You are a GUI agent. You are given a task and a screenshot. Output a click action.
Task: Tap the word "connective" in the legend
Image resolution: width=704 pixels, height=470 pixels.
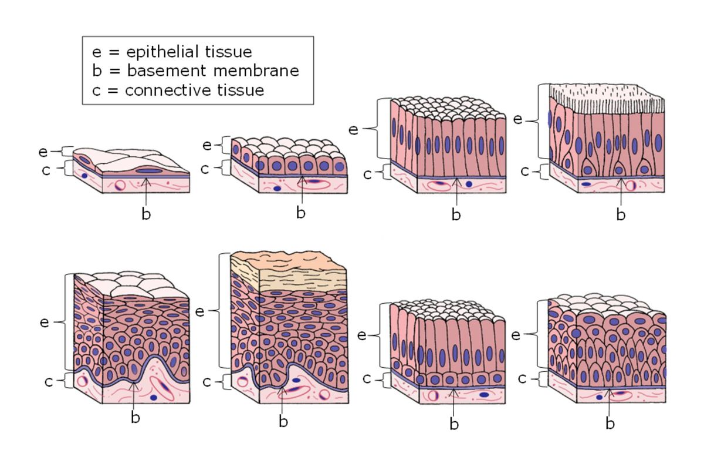pos(160,90)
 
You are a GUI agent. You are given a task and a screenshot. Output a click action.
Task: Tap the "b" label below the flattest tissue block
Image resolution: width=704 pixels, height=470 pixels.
pos(146,214)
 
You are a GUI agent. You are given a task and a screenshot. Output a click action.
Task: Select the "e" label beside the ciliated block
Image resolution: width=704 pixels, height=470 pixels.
pos(517,119)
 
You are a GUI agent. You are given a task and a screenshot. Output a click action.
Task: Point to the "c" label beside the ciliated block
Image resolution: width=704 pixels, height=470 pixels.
pos(525,172)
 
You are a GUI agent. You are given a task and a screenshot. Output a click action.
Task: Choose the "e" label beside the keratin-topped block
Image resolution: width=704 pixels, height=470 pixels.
pos(199,311)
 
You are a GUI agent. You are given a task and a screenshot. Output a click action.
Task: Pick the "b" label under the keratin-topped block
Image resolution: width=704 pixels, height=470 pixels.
pos(283,421)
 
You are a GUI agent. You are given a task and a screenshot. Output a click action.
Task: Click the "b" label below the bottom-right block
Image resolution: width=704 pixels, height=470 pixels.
pos(610,423)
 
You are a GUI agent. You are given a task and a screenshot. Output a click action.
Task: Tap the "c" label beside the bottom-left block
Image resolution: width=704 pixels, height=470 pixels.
pos(49,381)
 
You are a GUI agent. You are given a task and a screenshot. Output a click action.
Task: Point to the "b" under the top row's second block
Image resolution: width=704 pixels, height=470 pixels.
pos(300,213)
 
